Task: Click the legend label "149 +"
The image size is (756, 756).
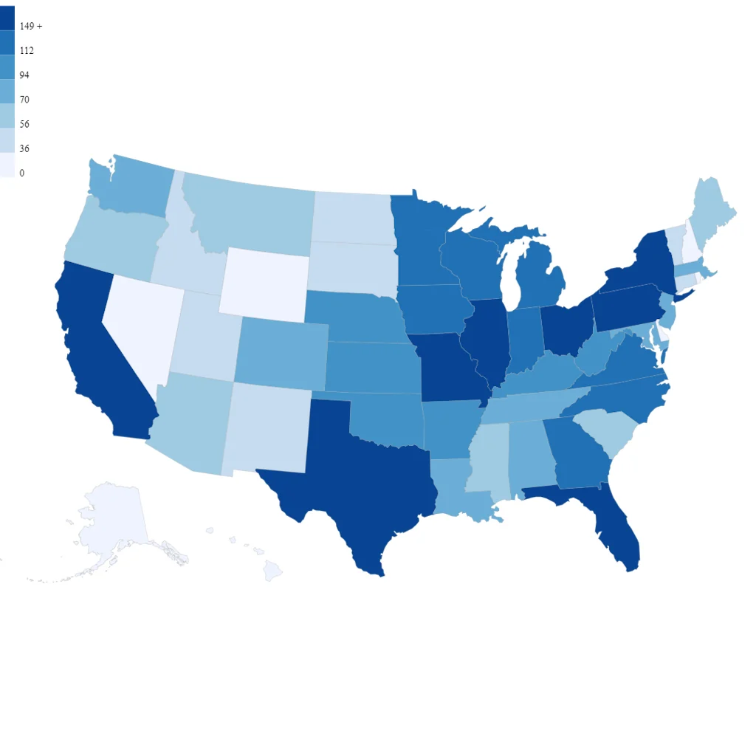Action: coord(31,26)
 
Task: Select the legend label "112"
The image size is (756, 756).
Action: coord(27,50)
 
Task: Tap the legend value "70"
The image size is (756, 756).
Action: coord(24,99)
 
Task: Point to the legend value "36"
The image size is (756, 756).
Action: coord(24,148)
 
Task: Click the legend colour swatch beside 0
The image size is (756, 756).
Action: coord(7,165)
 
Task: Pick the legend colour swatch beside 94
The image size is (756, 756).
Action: coord(7,67)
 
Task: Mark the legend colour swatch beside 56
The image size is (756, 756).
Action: coord(7,116)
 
